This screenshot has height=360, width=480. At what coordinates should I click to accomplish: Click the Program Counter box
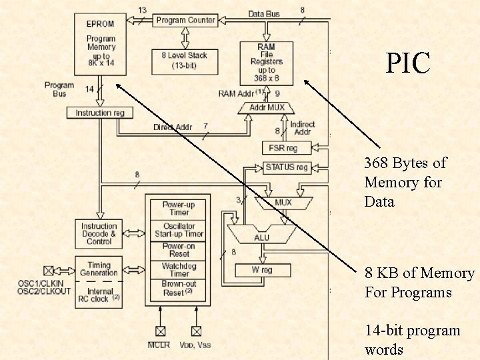click(185, 20)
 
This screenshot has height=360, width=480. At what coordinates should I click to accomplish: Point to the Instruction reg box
click(100, 113)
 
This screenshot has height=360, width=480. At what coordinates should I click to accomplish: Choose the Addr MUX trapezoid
click(267, 107)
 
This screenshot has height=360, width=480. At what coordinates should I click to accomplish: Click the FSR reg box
click(283, 148)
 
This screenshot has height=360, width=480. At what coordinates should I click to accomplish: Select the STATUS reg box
click(287, 167)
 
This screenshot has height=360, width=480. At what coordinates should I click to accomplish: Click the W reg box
click(262, 270)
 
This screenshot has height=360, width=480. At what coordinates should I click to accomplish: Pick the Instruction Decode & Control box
click(99, 234)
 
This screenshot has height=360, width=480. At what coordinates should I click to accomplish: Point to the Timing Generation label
click(99, 269)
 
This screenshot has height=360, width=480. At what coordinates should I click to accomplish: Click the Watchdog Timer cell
click(179, 270)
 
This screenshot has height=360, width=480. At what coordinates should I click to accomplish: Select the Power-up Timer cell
click(179, 209)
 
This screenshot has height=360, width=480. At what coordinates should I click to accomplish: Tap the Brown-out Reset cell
click(179, 288)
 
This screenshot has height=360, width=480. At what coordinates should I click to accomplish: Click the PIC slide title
click(408, 63)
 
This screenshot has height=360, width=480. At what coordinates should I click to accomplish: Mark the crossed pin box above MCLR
click(160, 330)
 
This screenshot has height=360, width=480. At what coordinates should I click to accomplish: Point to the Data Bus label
click(264, 13)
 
